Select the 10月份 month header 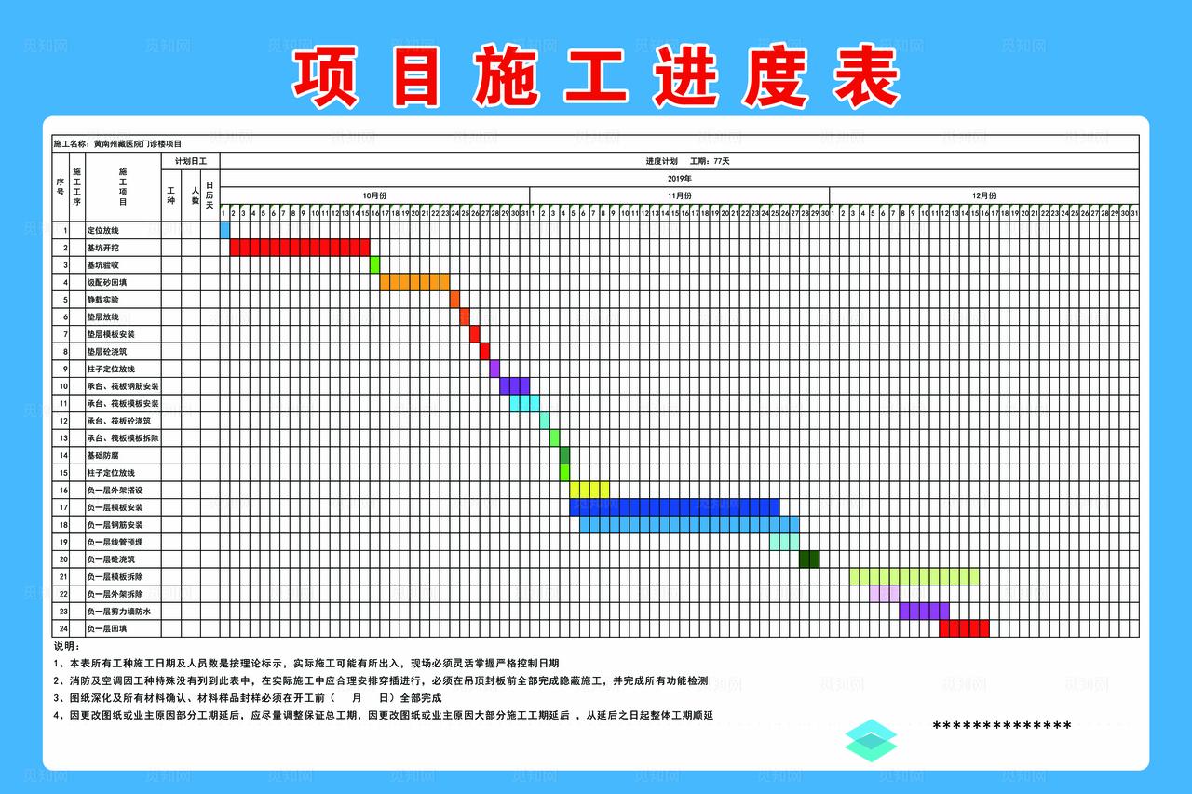[x=373, y=195]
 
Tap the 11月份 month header [x=679, y=195]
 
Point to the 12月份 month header [x=983, y=195]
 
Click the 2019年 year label [x=679, y=178]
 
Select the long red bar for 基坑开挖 [x=299, y=247]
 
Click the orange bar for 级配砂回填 [x=414, y=282]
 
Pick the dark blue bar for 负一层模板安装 [x=674, y=507]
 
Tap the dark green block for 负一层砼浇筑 [x=809, y=559]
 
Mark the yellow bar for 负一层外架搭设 [x=589, y=490]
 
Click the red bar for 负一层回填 [x=964, y=628]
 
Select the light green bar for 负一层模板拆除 [x=914, y=576]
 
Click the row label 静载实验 [x=103, y=300]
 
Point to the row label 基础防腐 [x=103, y=455]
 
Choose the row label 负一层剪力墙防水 [x=118, y=612]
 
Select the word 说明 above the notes [x=66, y=646]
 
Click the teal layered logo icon [x=871, y=740]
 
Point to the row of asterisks [x=1001, y=726]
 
